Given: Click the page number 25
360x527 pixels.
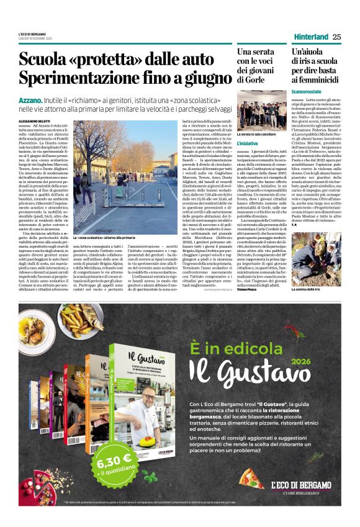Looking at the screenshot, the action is (x=336, y=37).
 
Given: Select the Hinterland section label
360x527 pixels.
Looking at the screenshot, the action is (x=310, y=37).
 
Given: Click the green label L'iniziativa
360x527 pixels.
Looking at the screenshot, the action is (x=247, y=143).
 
